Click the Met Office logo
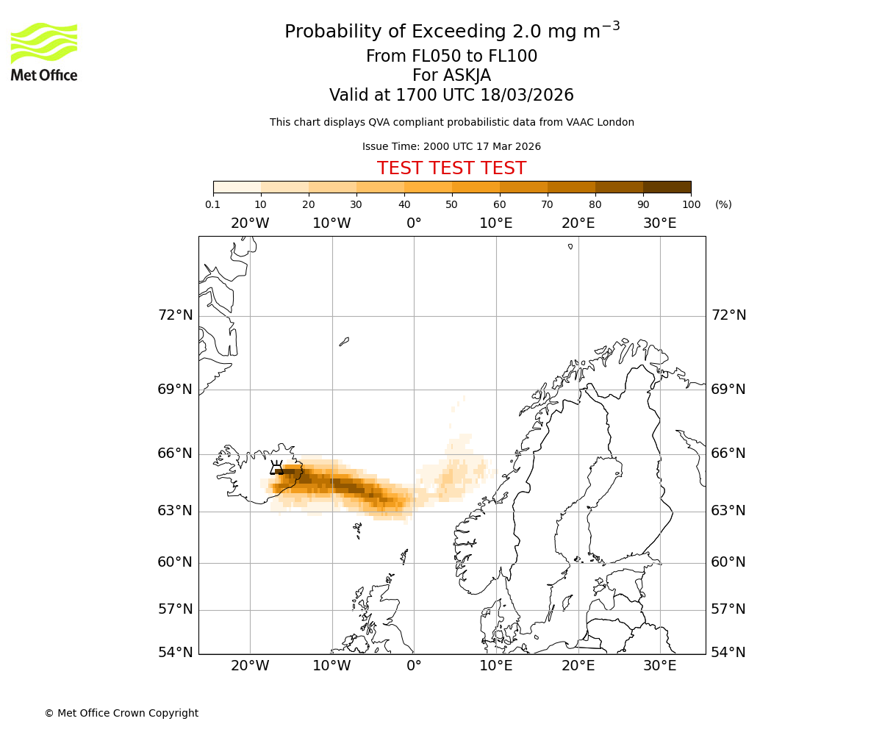44,51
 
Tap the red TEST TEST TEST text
451,168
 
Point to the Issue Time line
451,147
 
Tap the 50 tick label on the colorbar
451,204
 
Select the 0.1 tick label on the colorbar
213,204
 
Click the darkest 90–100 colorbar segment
667,187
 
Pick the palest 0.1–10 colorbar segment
237,187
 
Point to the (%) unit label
723,204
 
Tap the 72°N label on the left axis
175,315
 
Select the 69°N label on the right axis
728,389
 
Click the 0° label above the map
414,223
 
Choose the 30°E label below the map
659,666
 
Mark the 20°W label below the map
250,666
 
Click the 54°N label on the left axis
175,653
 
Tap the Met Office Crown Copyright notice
121,713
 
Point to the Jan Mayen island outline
344,341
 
